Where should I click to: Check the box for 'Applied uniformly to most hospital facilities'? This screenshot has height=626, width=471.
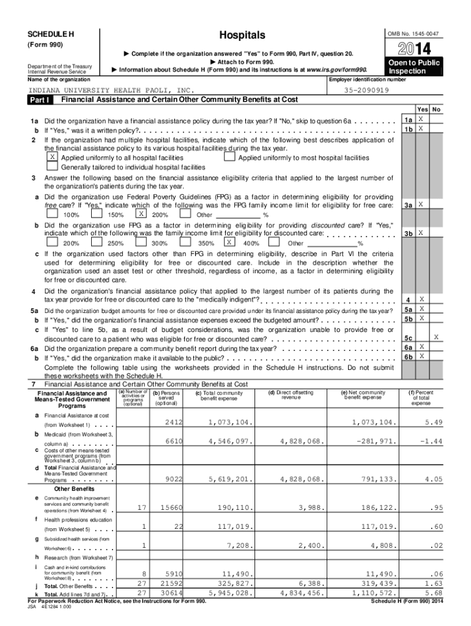pos(229,157)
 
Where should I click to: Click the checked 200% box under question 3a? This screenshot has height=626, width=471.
pos(141,215)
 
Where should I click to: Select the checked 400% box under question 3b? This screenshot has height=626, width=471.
pos(229,242)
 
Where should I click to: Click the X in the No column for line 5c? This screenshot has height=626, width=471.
pos(436,337)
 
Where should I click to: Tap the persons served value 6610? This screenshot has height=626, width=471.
pos(174,441)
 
